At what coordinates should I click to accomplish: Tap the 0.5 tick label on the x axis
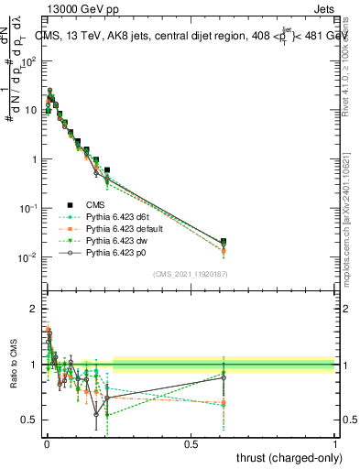[x=191, y=443]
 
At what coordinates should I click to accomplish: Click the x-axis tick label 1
[x=335, y=443]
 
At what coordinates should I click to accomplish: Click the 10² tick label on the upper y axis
[x=30, y=61]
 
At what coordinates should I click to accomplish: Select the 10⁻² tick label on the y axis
[x=30, y=257]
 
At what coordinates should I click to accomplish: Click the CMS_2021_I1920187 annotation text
[x=190, y=274]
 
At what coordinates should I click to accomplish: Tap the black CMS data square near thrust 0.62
[x=224, y=242]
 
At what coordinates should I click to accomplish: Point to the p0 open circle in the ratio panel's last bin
[x=224, y=377]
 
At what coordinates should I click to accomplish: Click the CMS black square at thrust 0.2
[x=107, y=170]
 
